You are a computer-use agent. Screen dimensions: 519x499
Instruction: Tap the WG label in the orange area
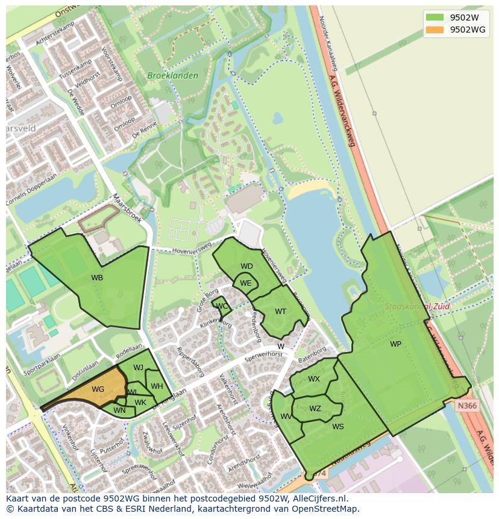tap(98, 389)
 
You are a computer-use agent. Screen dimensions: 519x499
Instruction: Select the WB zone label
tap(97, 278)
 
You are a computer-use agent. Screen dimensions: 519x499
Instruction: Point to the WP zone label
tap(395, 344)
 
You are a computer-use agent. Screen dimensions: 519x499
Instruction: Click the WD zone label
tap(246, 266)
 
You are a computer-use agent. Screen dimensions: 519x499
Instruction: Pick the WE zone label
tap(245, 283)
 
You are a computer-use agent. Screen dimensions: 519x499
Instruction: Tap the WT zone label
tap(280, 312)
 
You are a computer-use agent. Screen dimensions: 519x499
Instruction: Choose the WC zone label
tap(222, 306)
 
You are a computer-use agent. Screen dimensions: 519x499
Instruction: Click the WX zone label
tap(314, 379)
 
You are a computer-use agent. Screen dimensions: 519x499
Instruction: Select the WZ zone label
tap(315, 409)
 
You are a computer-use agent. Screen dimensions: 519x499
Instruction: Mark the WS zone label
tap(338, 427)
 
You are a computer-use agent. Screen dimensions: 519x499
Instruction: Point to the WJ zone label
tap(138, 368)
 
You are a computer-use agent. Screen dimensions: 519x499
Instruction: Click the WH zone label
tap(157, 386)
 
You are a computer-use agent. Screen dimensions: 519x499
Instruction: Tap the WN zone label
tap(119, 411)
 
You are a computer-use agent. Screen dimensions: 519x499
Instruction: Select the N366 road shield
tap(466, 406)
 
